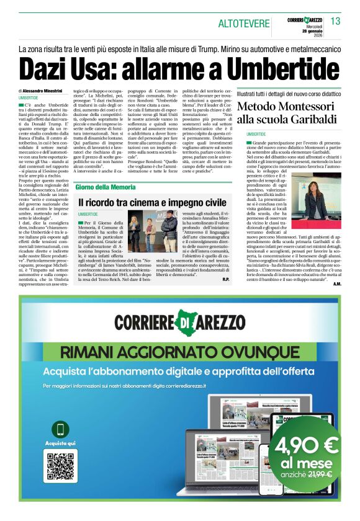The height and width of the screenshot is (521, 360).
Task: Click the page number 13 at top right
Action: (336, 22)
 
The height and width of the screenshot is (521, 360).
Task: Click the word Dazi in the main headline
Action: (47, 68)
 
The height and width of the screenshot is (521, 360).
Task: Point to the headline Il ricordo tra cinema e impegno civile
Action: (152, 202)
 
